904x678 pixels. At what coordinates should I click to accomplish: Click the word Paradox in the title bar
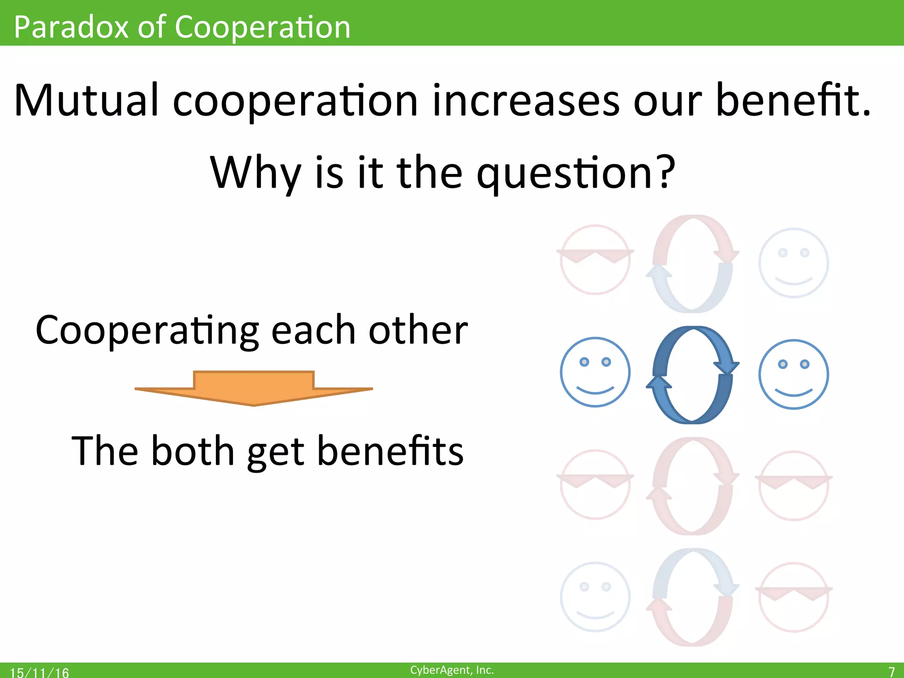coord(71,27)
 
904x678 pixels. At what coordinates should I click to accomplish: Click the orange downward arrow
coord(254,388)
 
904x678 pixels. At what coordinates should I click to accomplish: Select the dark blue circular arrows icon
coord(693,375)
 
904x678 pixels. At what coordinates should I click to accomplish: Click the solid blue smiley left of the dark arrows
coord(595,372)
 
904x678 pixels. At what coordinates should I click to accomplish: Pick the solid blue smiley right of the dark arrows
coord(793,374)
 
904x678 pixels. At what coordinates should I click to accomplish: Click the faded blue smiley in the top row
coord(793,263)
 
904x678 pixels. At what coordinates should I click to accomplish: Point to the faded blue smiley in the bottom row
coord(595,597)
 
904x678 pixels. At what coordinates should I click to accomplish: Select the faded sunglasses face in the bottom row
coord(793,597)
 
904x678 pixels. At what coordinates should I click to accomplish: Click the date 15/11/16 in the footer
coord(39,672)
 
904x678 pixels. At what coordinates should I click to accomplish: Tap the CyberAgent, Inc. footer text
coord(452,670)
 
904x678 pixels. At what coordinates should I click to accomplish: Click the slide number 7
coord(891,671)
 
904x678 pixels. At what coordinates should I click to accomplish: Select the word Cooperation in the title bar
coord(263,27)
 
